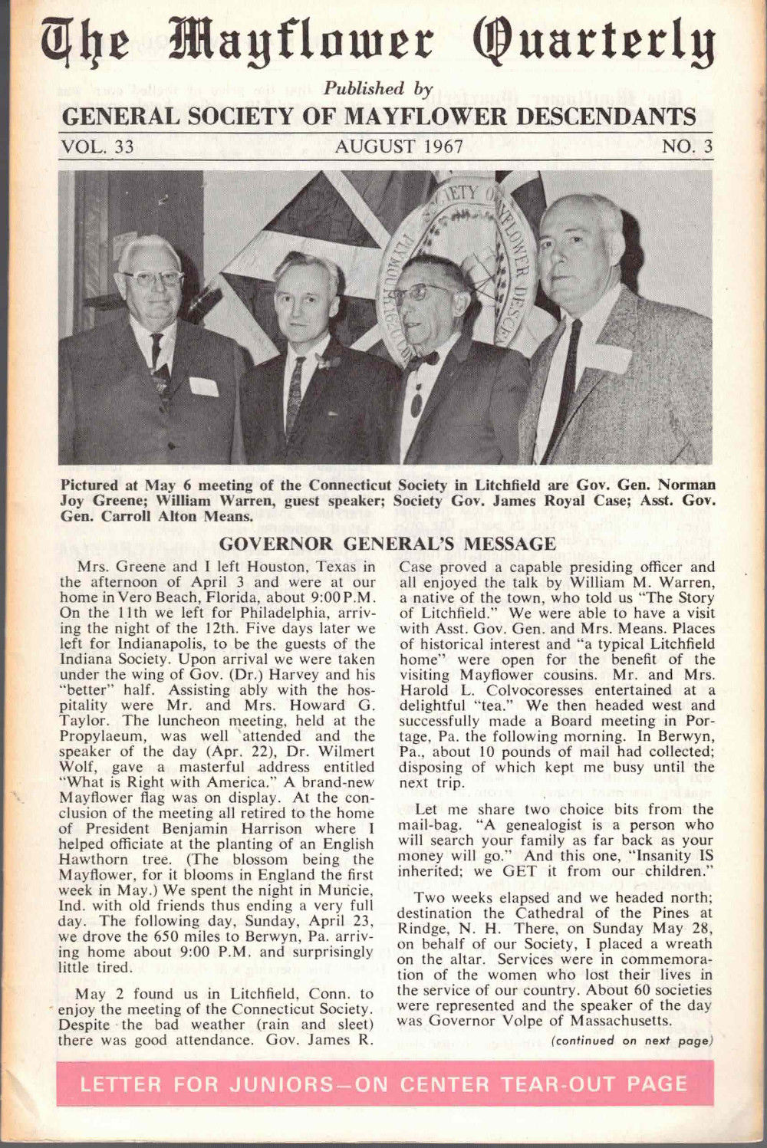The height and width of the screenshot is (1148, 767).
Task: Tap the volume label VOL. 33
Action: [x=97, y=146]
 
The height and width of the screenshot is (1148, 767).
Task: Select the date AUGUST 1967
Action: [x=398, y=146]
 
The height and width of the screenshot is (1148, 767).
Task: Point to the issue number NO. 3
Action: [x=687, y=146]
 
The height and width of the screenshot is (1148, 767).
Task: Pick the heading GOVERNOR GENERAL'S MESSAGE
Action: [x=387, y=544]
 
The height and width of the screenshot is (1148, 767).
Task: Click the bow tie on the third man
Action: [x=423, y=359]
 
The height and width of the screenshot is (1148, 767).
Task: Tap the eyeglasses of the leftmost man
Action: [x=152, y=278]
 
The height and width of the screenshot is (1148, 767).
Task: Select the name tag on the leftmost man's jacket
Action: [x=203, y=386]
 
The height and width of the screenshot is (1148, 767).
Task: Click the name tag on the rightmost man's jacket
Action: [x=611, y=358]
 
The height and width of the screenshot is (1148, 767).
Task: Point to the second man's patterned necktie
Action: [x=295, y=395]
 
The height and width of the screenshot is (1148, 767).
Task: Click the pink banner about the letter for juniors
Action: [x=384, y=1084]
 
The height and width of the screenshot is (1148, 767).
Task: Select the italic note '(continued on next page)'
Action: [x=631, y=1041]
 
